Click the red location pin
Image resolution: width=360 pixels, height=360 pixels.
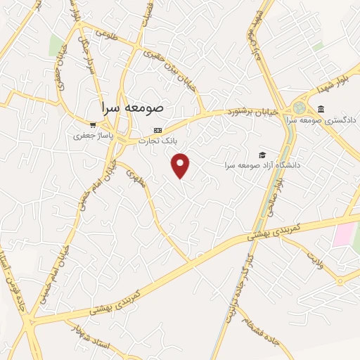181,165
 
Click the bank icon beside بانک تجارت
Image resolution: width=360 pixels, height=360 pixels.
157,130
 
